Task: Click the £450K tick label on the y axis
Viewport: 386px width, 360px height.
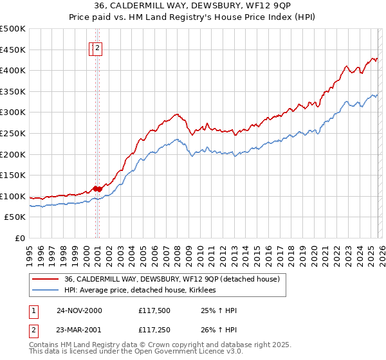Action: (x=13, y=50)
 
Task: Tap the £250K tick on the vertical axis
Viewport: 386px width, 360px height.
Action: (x=13, y=133)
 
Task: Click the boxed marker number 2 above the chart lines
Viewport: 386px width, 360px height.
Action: (x=98, y=48)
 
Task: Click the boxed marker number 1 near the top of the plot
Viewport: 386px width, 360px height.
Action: (x=92, y=48)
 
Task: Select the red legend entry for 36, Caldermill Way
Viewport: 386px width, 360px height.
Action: (x=171, y=279)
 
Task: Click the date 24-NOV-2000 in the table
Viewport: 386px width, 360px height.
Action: (x=79, y=310)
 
